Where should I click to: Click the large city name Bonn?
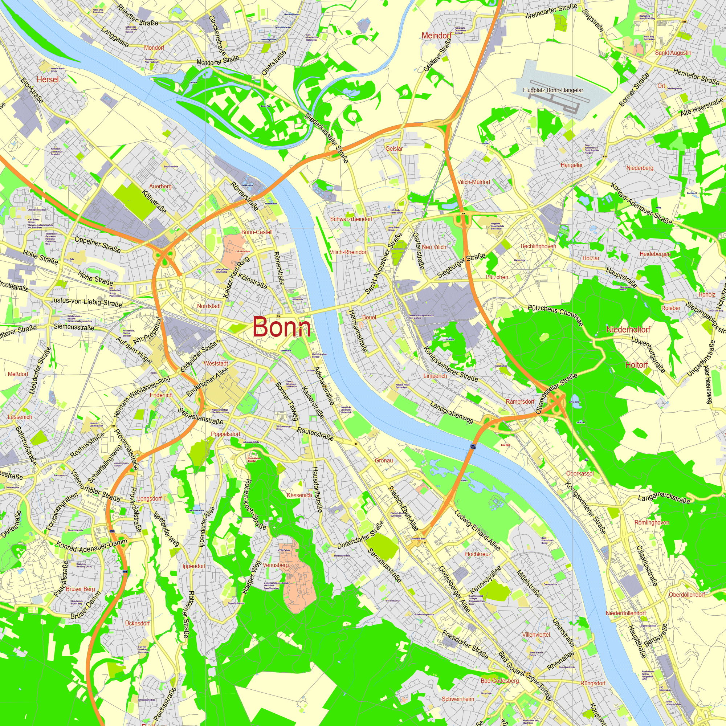(x=282, y=327)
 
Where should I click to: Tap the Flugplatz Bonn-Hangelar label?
(x=553, y=90)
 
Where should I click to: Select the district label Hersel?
(x=48, y=79)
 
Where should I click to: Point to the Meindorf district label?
(x=436, y=36)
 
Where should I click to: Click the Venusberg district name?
(x=276, y=565)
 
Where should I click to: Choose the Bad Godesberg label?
(x=499, y=681)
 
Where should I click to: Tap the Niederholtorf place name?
(x=628, y=330)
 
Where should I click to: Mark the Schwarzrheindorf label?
(x=351, y=219)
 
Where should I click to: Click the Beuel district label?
(x=369, y=317)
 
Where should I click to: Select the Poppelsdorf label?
(x=225, y=434)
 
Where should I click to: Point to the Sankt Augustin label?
(x=673, y=53)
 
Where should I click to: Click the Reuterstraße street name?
(x=315, y=433)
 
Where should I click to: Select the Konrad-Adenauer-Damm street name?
(x=92, y=546)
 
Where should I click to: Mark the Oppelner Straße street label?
(x=98, y=244)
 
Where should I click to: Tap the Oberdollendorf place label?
(x=686, y=595)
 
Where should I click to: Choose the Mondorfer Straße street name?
(x=217, y=61)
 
